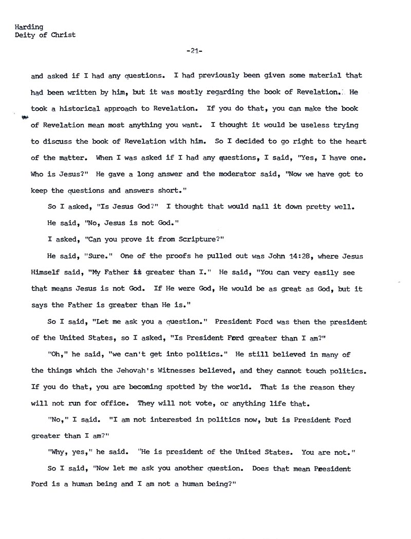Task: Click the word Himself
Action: coord(47,273)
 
